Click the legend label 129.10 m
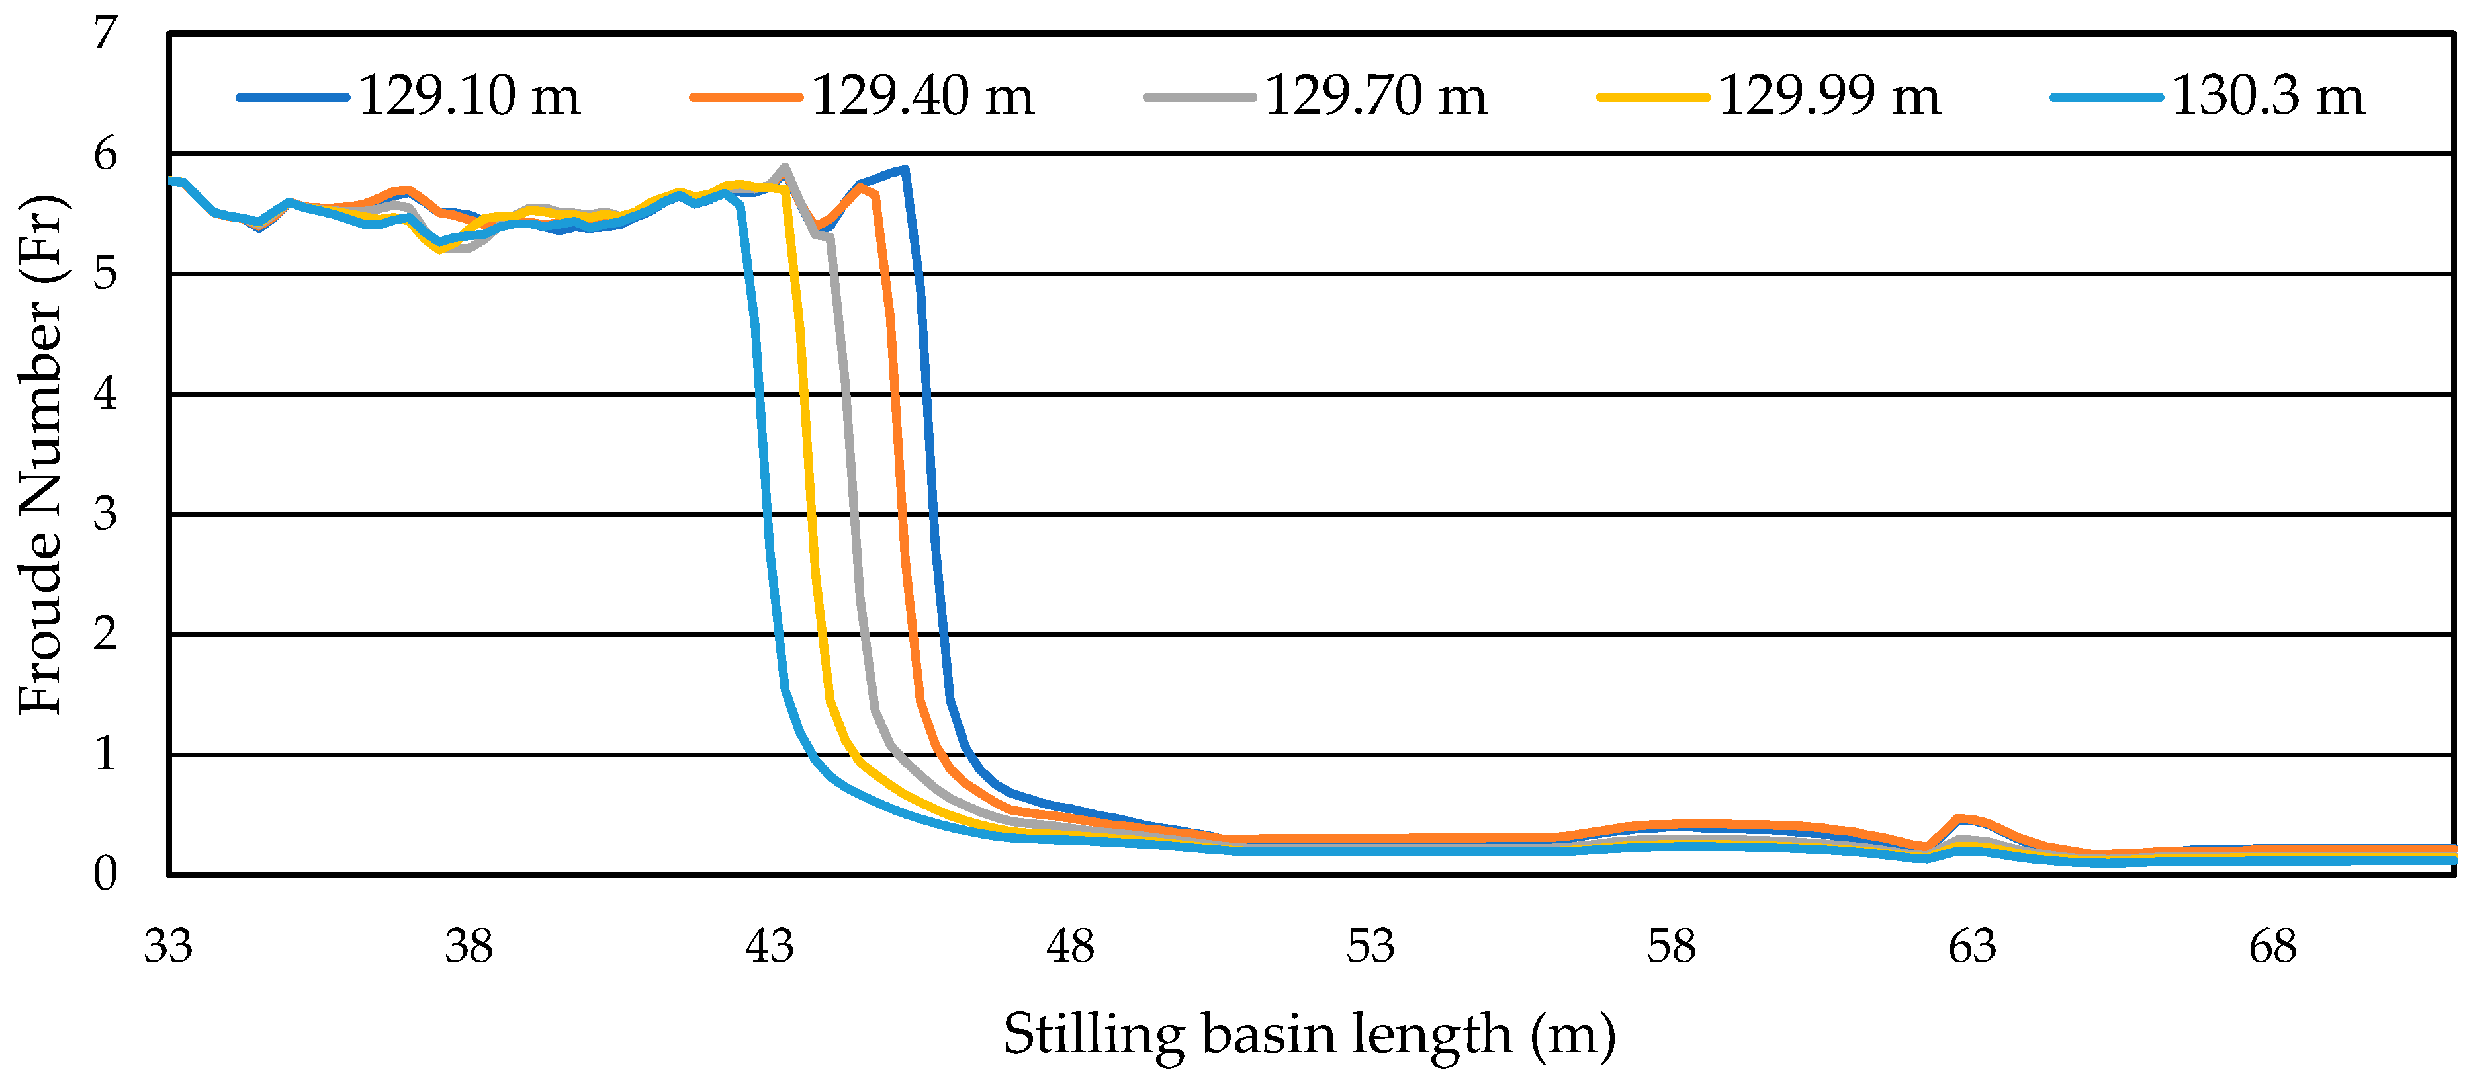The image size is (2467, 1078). click(469, 96)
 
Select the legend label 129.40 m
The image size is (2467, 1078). click(922, 96)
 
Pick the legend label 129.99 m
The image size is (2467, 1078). click(1828, 96)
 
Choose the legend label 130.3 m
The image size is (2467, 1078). click(2268, 96)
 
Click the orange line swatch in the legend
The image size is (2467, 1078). click(746, 97)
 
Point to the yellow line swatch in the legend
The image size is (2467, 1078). click(1652, 97)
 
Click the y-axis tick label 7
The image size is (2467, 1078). click(105, 34)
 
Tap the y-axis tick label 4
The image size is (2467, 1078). click(105, 394)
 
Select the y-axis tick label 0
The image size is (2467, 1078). click(105, 874)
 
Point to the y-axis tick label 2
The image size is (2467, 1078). click(105, 634)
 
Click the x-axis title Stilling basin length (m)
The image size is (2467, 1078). click(1309, 1034)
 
